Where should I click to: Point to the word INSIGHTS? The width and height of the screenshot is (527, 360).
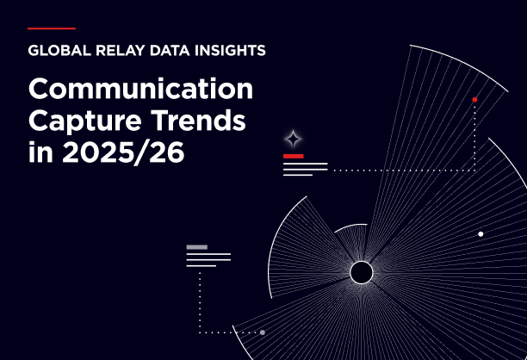[x=229, y=50]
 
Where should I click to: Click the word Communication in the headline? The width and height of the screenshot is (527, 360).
[x=140, y=90]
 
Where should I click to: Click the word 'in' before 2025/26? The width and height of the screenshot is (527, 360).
[x=39, y=156]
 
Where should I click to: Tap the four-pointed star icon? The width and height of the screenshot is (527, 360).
[x=294, y=139]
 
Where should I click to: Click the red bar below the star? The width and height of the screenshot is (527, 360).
[x=293, y=156]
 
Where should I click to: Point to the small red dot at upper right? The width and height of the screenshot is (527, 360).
[x=474, y=100]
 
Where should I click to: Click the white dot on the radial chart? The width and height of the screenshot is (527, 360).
[x=480, y=233]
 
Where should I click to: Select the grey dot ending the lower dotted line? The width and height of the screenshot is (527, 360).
[x=262, y=332]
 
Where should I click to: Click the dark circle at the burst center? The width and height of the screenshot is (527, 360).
[x=361, y=273]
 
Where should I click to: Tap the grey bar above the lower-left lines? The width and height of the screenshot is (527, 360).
[x=196, y=247]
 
